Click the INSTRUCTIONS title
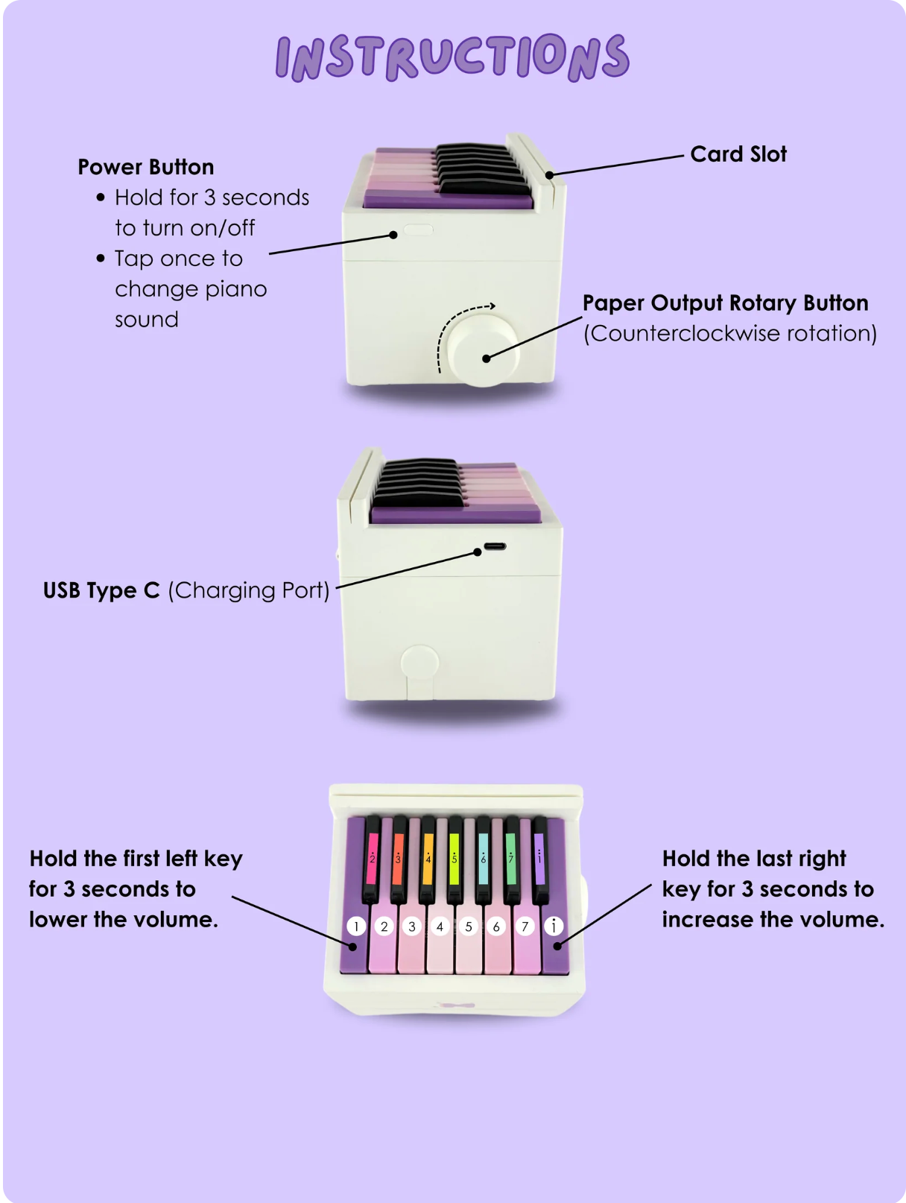(x=452, y=57)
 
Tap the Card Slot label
(x=738, y=154)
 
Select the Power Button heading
(x=146, y=167)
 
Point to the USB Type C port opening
(x=495, y=546)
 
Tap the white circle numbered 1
(x=356, y=926)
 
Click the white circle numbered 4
(x=440, y=926)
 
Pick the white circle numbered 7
(x=525, y=926)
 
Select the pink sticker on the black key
(x=372, y=858)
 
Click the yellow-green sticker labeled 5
(x=454, y=858)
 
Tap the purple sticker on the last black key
(x=539, y=858)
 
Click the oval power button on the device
(x=418, y=230)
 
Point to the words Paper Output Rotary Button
(x=725, y=303)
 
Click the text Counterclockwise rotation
(x=730, y=333)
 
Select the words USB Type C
(x=101, y=590)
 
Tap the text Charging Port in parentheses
(x=249, y=590)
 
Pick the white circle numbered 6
(x=496, y=926)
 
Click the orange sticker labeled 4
(x=428, y=858)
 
